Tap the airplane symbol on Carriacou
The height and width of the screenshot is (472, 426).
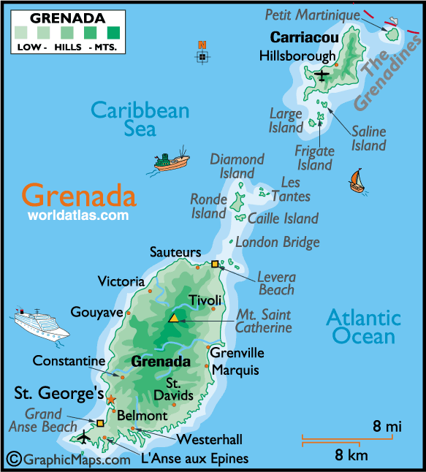click(322, 74)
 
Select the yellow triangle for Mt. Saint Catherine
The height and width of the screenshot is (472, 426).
click(174, 318)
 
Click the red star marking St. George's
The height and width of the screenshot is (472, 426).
click(111, 399)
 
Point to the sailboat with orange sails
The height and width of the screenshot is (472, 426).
click(357, 180)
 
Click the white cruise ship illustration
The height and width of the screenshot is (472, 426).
click(41, 321)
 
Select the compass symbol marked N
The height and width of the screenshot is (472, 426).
click(202, 56)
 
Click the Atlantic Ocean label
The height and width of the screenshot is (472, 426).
click(363, 327)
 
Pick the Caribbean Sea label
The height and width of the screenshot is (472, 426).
click(140, 119)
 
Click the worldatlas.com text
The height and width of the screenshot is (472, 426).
click(78, 216)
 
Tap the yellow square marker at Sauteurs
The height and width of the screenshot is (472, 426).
click(215, 264)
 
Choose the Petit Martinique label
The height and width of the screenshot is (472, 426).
click(312, 14)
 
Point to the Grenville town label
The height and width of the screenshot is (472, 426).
click(237, 353)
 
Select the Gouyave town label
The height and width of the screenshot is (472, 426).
click(96, 312)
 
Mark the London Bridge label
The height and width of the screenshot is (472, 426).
click(278, 242)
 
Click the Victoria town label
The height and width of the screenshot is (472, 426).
click(121, 281)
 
